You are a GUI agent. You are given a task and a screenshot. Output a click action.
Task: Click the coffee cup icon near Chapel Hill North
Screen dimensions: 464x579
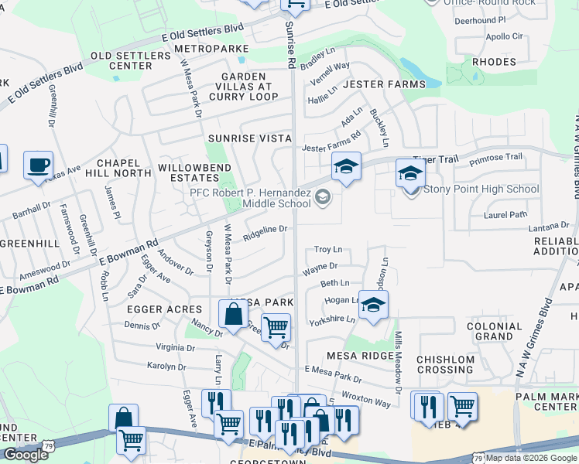tap(38, 165)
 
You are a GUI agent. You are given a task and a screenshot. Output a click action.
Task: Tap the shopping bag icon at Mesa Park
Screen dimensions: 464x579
tap(233, 315)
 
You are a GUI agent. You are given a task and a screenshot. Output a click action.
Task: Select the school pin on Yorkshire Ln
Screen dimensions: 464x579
tap(373, 305)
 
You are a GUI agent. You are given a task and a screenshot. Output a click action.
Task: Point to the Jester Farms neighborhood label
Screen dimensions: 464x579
tap(384, 84)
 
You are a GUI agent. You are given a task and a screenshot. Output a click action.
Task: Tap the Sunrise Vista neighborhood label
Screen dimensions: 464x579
tap(249, 138)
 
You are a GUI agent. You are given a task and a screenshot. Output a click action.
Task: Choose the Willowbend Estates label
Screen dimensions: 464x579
tap(188, 172)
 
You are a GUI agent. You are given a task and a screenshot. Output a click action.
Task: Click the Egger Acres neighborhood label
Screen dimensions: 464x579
tap(152, 309)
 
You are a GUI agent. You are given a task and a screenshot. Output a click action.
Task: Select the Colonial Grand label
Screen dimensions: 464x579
tap(495, 331)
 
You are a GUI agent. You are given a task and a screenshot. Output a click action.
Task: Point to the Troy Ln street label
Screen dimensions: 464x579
tap(327, 250)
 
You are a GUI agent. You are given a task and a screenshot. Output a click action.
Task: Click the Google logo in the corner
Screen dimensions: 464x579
tap(26, 455)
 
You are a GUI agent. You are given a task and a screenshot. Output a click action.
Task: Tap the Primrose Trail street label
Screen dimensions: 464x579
tap(501, 157)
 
